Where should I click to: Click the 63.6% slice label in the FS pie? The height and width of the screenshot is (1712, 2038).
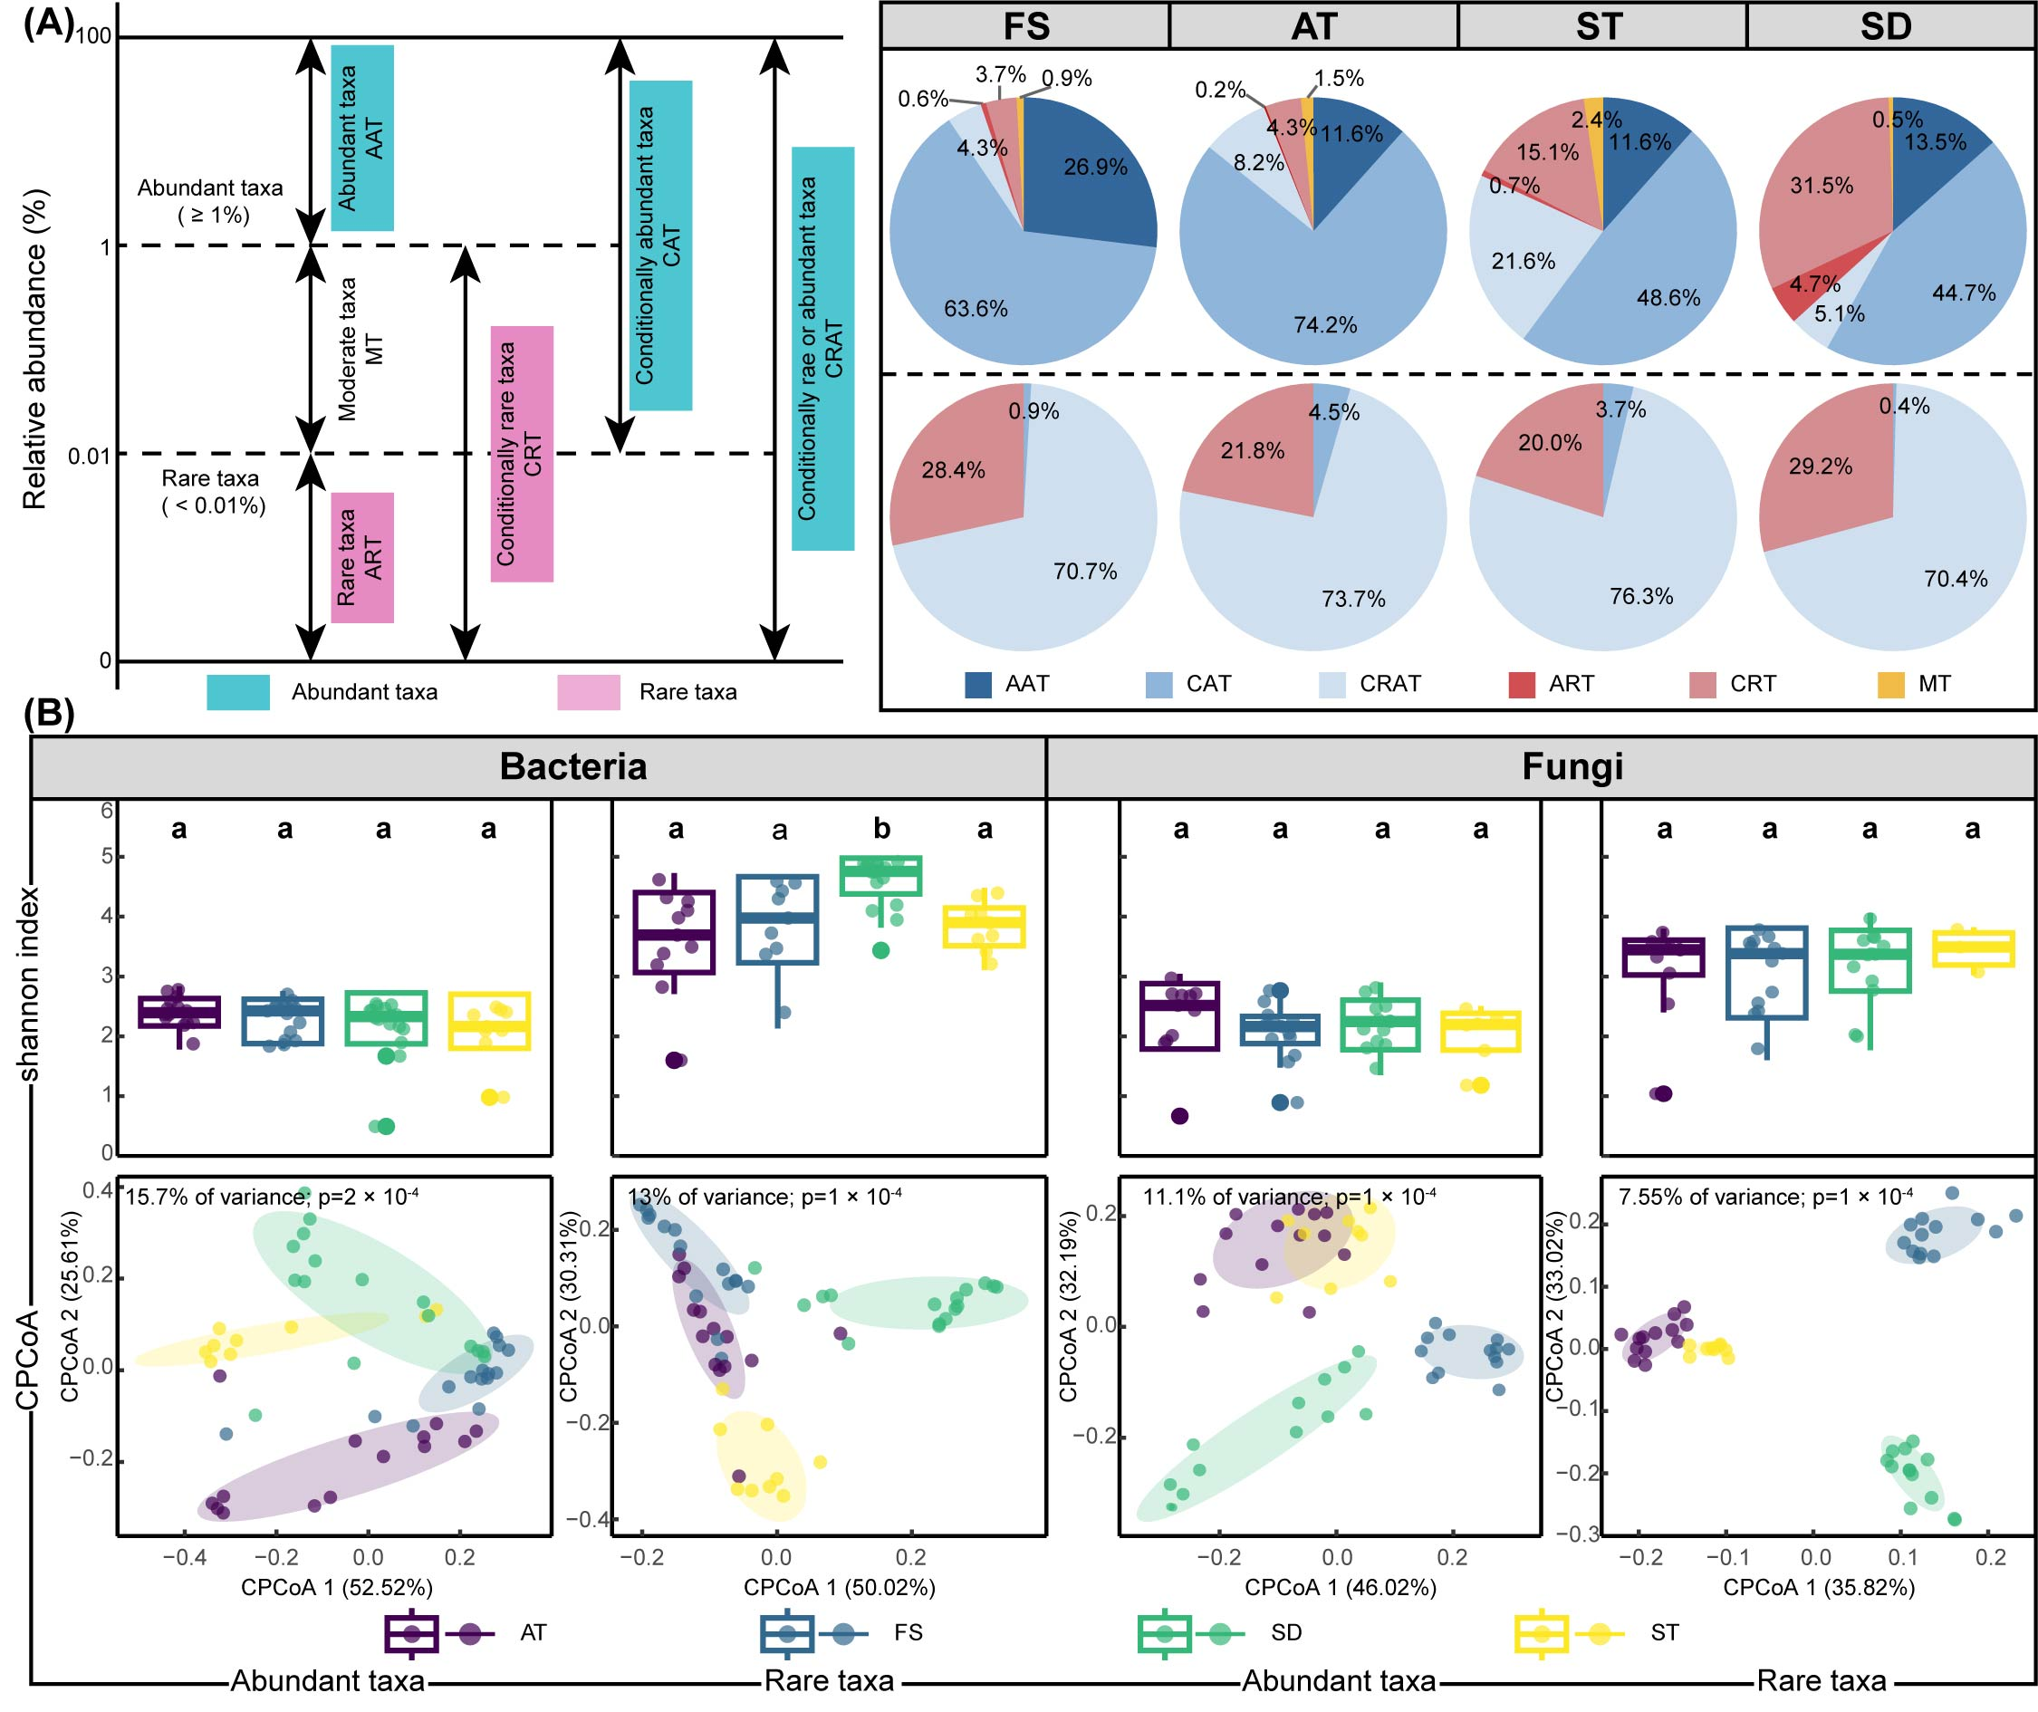coord(976,310)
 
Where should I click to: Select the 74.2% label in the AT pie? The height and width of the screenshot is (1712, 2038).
coord(1324,325)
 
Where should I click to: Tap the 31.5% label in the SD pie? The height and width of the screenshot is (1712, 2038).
coord(1822,186)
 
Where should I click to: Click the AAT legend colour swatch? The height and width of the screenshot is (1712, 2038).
coord(978,684)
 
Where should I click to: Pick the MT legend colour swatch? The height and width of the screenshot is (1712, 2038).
coord(1890,684)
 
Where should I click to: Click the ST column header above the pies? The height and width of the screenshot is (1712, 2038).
coord(1600,26)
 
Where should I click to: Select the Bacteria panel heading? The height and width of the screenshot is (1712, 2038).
coord(572,765)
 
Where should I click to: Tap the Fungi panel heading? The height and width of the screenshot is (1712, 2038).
coord(1572,765)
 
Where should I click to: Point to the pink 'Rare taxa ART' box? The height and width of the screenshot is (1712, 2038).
coord(362,558)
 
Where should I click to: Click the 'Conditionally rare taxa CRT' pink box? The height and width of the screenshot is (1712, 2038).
coord(522,454)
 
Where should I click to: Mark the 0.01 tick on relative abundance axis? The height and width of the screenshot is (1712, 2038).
coord(90,455)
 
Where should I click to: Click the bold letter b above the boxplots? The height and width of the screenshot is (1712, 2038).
coord(881,828)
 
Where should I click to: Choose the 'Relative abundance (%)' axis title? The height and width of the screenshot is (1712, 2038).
coord(35,350)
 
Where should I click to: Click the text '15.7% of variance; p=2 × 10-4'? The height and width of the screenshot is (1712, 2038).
coord(272,1197)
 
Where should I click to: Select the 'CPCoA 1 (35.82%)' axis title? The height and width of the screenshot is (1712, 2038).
coord(1819,1587)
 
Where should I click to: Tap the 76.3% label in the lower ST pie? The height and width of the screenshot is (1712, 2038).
coord(1641,596)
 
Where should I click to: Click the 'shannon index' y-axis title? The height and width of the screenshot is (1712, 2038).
coord(28,983)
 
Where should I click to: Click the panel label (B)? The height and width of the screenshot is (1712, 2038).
coord(49,714)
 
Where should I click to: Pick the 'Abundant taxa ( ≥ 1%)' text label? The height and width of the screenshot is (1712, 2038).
coord(210,201)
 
